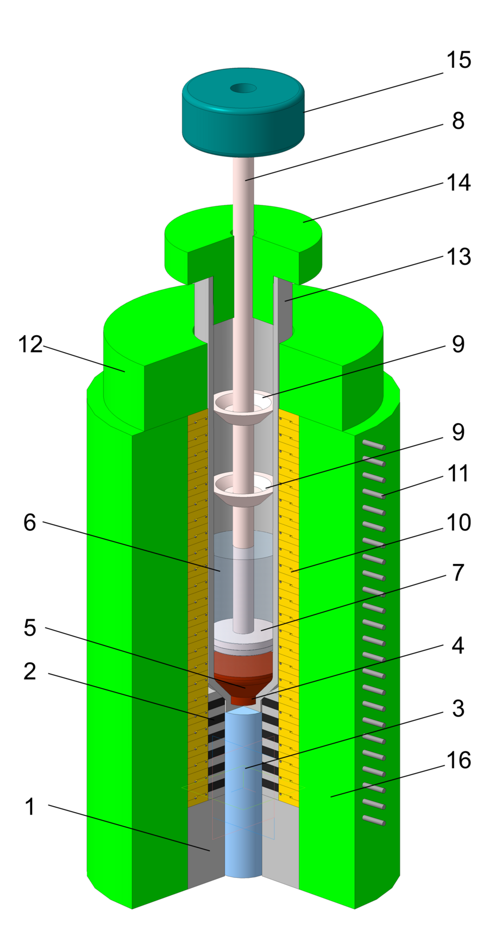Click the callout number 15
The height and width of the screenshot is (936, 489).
pyautogui.click(x=458, y=60)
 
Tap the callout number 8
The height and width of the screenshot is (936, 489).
pyautogui.click(x=458, y=121)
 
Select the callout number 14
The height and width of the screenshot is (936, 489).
pyautogui.click(x=458, y=183)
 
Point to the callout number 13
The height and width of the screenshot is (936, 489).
pyautogui.click(x=458, y=256)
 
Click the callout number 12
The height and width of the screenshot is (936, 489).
pyautogui.click(x=30, y=344)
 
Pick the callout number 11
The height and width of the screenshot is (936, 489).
pyautogui.click(x=458, y=473)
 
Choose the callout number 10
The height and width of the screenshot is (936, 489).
pyautogui.click(x=458, y=523)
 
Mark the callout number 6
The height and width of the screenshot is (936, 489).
pyautogui.click(x=30, y=523)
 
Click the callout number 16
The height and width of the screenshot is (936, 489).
pyautogui.click(x=458, y=760)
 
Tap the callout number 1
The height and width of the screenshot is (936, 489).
pyautogui.click(x=30, y=807)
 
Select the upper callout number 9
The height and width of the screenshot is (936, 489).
pyautogui.click(x=458, y=344)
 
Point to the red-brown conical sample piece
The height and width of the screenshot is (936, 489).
pyautogui.click(x=243, y=674)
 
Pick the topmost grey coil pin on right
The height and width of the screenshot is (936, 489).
pyautogui.click(x=373, y=445)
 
